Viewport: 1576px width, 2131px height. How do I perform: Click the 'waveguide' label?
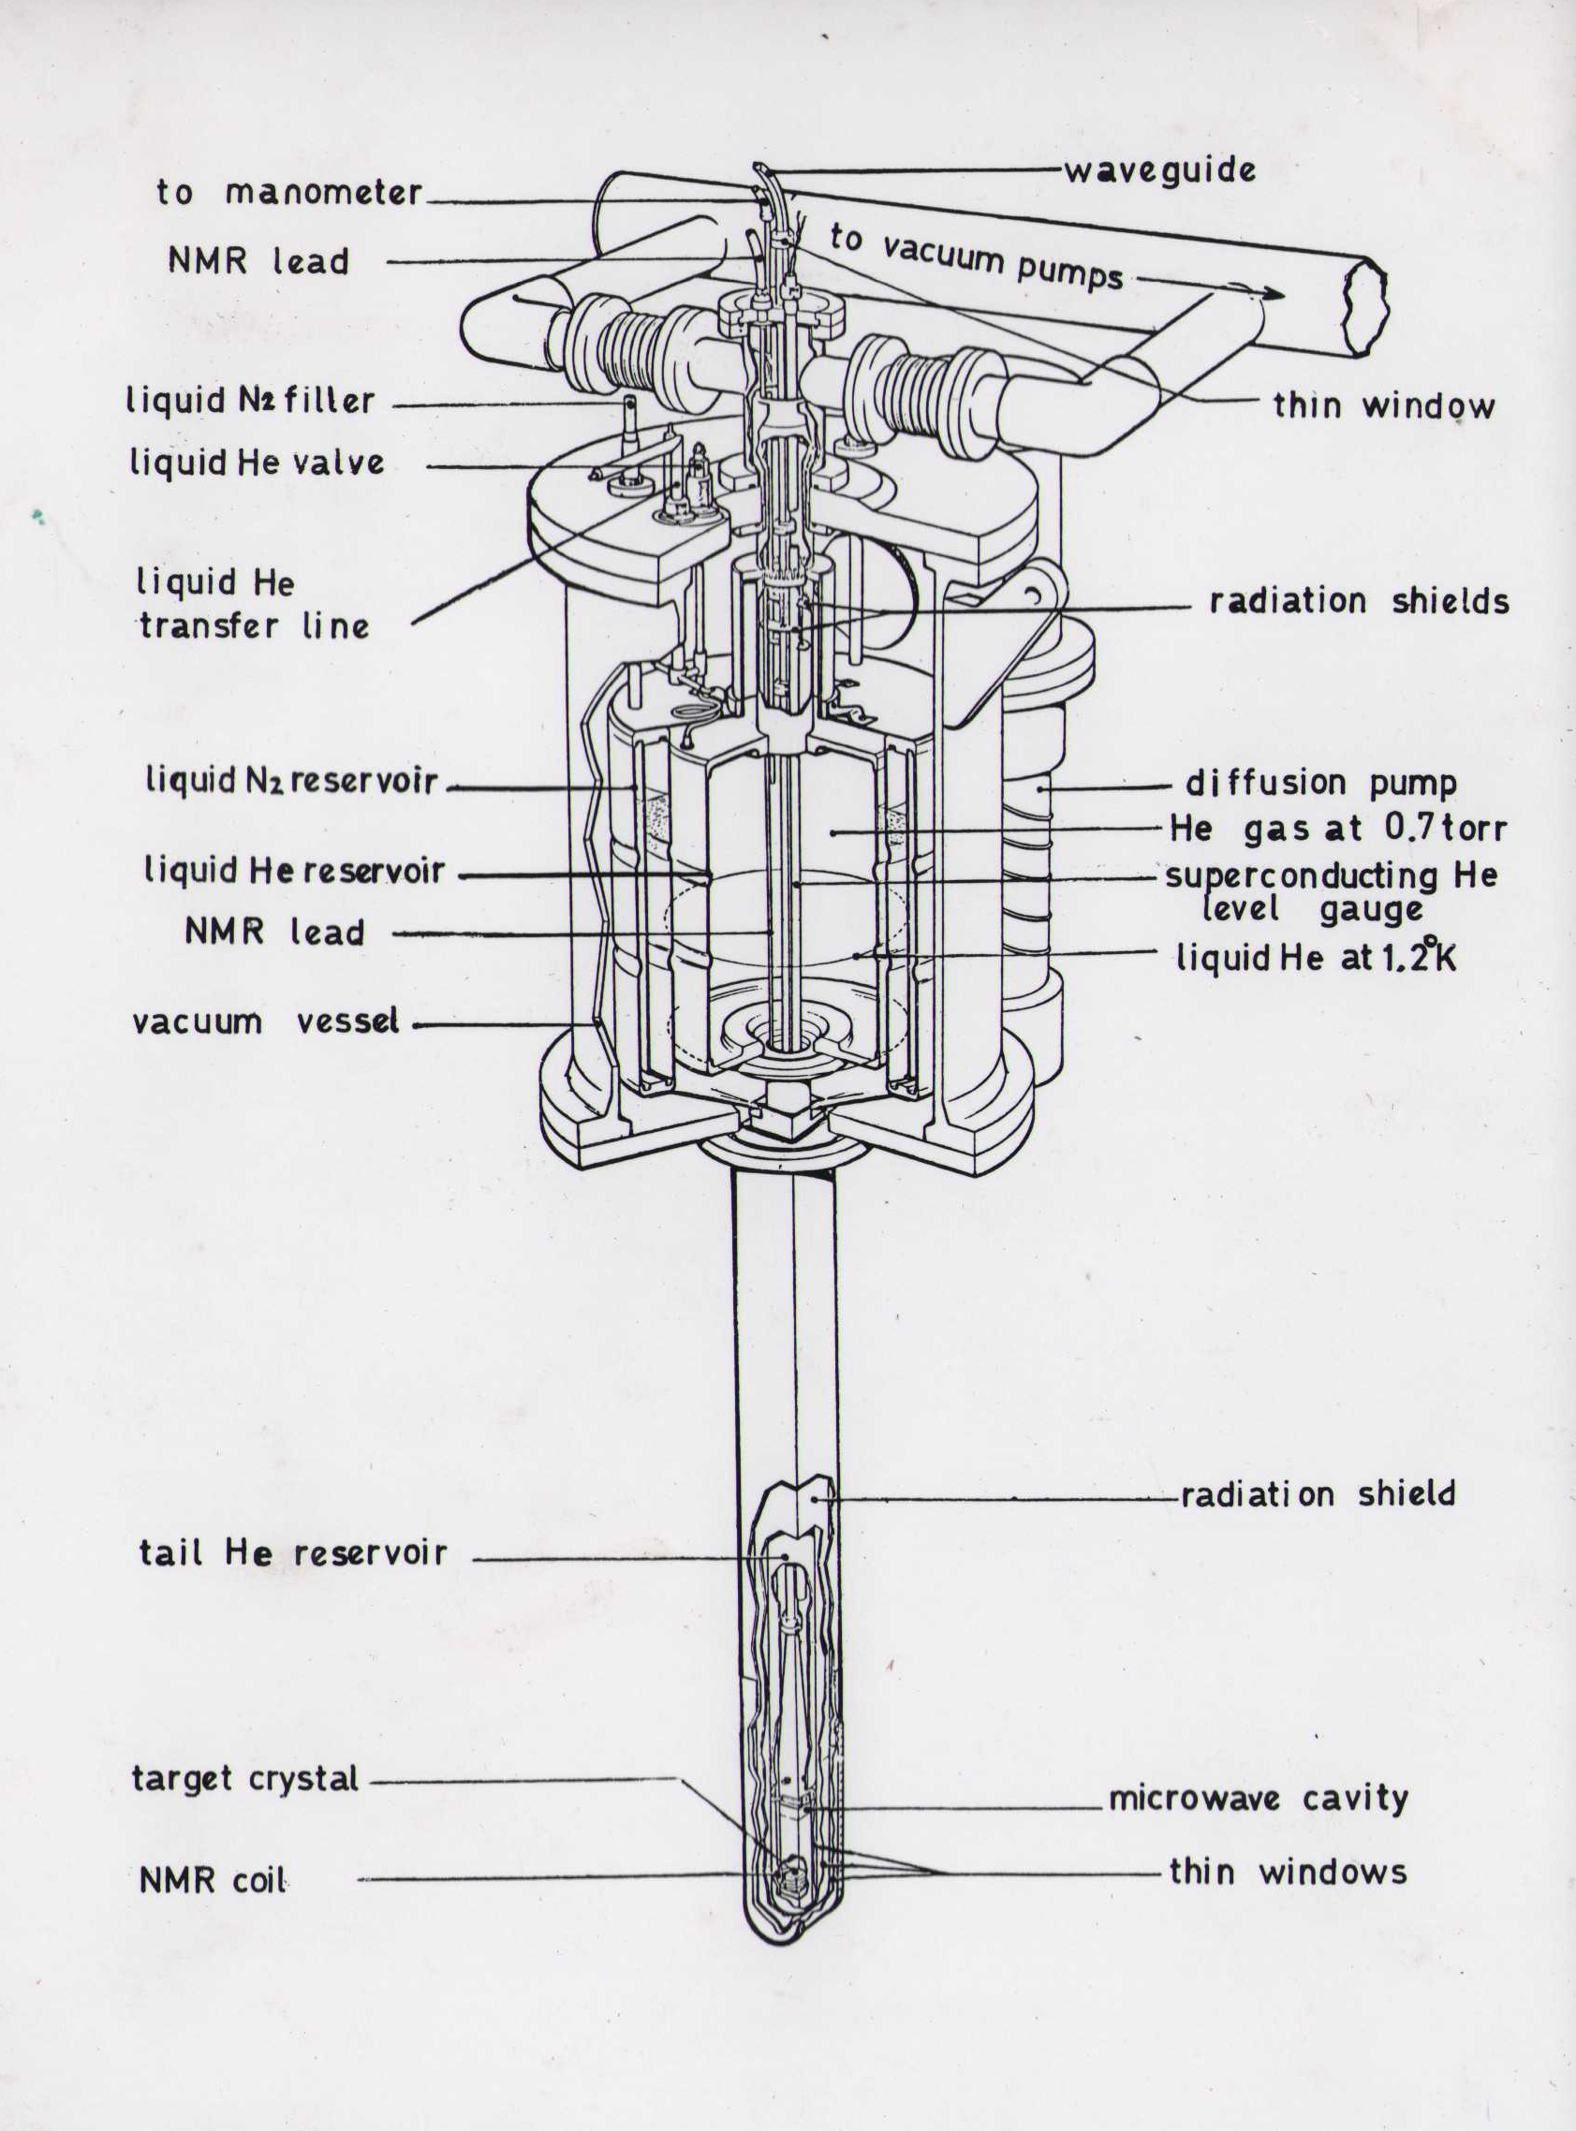pyautogui.click(x=1159, y=170)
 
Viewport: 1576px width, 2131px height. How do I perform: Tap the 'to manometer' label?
pyautogui.click(x=289, y=193)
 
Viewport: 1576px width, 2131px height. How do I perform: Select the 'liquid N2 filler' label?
pyautogui.click(x=250, y=401)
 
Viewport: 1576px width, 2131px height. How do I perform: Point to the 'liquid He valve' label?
pyautogui.click(x=258, y=463)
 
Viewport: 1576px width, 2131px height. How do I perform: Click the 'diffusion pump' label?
pyautogui.click(x=1321, y=783)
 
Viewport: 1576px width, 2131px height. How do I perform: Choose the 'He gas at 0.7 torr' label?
pyautogui.click(x=1338, y=829)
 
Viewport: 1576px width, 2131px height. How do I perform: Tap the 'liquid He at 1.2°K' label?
pyautogui.click(x=1317, y=957)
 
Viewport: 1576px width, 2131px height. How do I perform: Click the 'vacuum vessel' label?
pyautogui.click(x=266, y=1021)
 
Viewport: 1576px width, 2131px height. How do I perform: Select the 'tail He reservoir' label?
pyautogui.click(x=293, y=1553)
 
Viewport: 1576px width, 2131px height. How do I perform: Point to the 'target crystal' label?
pyautogui.click(x=245, y=1779)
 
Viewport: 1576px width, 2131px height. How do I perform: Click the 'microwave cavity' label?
pyautogui.click(x=1259, y=1798)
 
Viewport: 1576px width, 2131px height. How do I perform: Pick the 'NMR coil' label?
pyautogui.click(x=213, y=1880)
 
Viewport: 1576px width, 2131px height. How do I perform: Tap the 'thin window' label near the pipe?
pyautogui.click(x=1384, y=406)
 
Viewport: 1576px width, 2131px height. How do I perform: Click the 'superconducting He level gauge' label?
pyautogui.click(x=1332, y=891)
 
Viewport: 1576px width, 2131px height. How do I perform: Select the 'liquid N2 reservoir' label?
pyautogui.click(x=291, y=781)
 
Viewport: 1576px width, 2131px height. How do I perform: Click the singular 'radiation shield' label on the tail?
pyautogui.click(x=1318, y=1493)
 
